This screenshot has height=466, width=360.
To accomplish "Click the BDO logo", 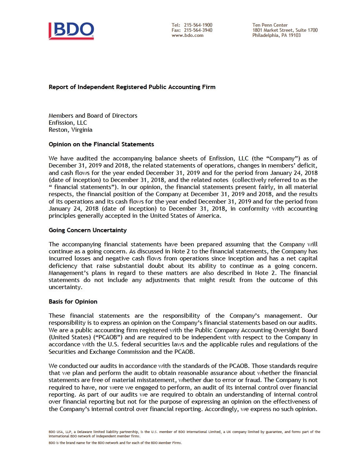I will click(71, 31).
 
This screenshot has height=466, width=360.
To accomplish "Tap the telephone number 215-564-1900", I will click(198, 25).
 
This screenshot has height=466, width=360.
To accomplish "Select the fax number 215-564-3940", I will click(198, 30).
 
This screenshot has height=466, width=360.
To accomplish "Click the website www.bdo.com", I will click(187, 35).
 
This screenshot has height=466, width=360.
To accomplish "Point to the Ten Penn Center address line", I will click(270, 25).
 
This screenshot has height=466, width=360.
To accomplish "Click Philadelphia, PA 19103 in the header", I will click(276, 35).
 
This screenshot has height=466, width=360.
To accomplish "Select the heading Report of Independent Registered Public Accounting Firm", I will click(132, 87).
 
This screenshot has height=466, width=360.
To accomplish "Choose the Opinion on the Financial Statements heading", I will click(101, 144).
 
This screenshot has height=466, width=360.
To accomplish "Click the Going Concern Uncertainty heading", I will click(87, 230).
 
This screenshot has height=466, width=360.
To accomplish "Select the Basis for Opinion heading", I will click(73, 302).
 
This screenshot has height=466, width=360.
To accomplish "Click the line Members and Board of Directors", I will click(93, 116).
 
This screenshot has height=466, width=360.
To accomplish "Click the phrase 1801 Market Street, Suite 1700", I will click(285, 30).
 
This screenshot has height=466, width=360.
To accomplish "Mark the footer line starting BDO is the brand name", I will click(115, 443).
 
